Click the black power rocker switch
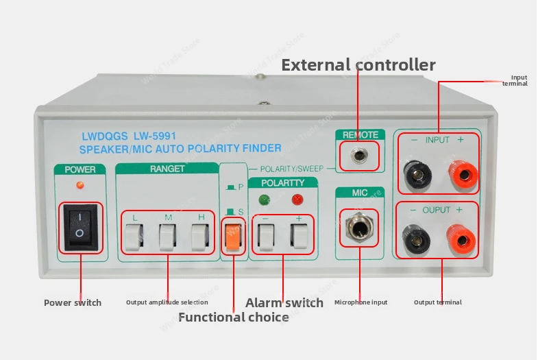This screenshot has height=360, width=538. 80,226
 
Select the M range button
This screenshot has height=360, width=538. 167,236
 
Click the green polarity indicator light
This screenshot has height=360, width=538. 265,200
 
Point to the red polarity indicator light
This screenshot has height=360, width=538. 297,200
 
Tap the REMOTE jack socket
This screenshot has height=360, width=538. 358,156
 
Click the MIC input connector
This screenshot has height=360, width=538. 359,227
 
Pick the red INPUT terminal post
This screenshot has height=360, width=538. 461,177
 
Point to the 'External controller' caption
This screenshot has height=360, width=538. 358,65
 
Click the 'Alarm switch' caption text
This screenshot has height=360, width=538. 284,302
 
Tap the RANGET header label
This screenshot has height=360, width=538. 167,169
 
